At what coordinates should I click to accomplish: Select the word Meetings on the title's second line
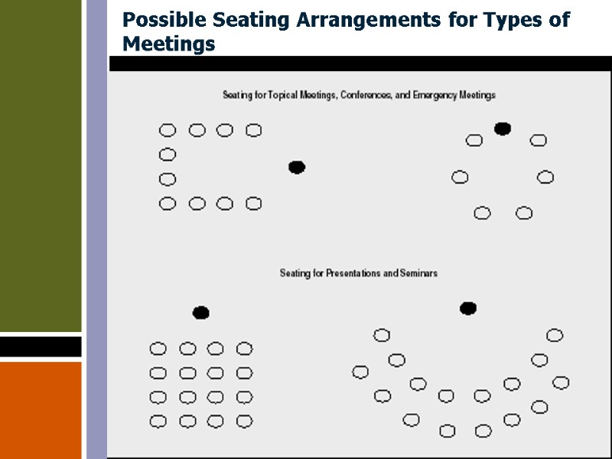tap(168, 44)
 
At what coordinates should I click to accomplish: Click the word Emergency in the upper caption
tap(433, 95)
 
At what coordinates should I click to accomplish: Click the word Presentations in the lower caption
tap(358, 273)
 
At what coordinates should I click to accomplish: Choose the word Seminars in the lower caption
tap(418, 273)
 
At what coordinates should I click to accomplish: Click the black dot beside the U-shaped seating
tap(297, 168)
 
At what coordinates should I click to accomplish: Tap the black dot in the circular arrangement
tap(503, 129)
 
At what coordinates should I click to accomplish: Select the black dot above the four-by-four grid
tap(200, 312)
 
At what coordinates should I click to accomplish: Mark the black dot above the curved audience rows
tap(468, 308)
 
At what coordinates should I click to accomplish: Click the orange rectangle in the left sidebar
tap(41, 409)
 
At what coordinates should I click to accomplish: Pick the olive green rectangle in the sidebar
tap(41, 165)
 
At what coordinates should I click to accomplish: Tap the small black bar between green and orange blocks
tap(41, 347)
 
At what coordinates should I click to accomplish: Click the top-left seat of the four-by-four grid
tap(158, 349)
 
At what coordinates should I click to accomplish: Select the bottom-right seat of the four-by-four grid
tap(244, 421)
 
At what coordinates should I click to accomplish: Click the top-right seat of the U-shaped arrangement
tap(253, 131)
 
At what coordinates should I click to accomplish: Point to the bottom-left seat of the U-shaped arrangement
tap(167, 203)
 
